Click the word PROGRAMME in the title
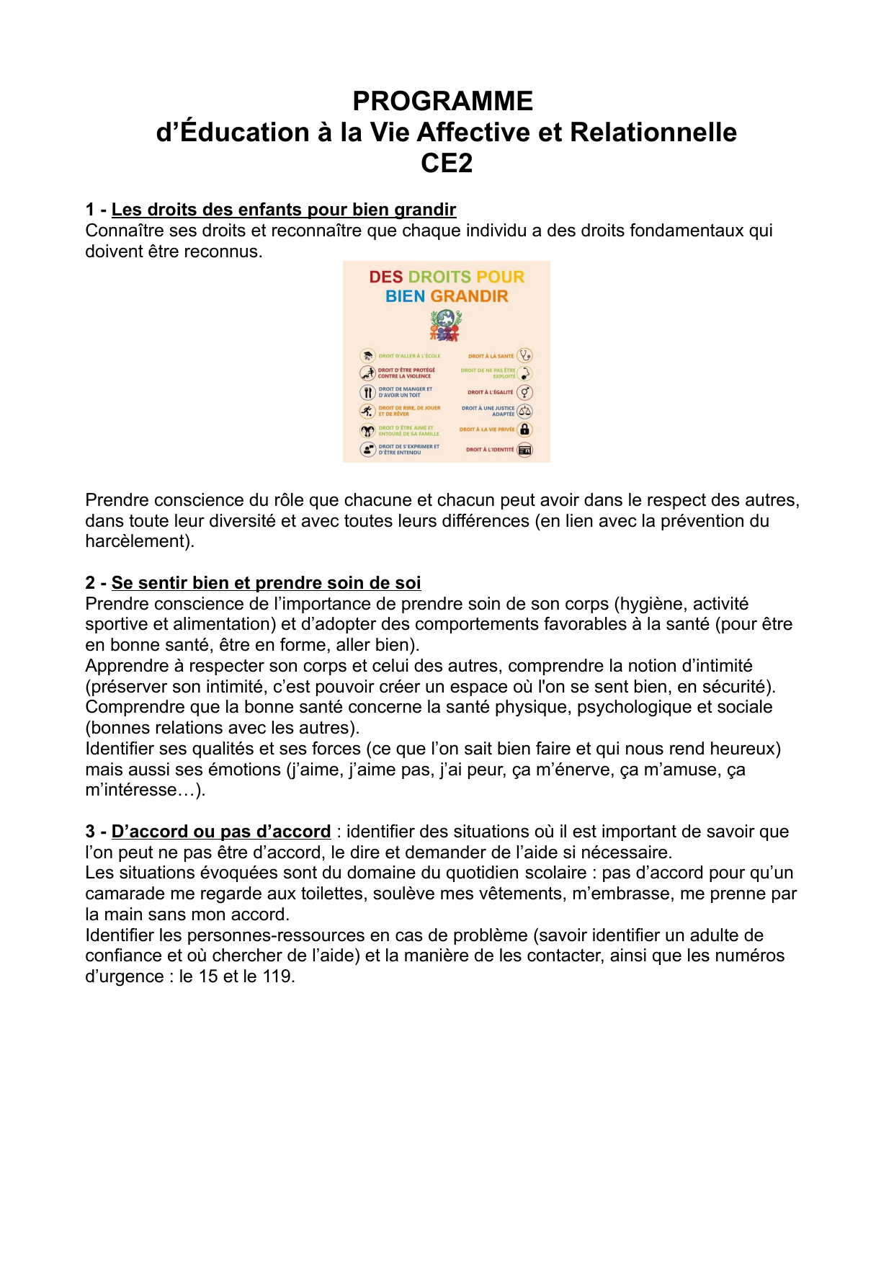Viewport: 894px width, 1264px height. pyautogui.click(x=442, y=101)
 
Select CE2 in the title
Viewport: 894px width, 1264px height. pyautogui.click(x=447, y=164)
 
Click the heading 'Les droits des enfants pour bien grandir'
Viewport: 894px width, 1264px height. pyautogui.click(x=283, y=210)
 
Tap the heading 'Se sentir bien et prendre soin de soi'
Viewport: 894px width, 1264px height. pyautogui.click(x=266, y=583)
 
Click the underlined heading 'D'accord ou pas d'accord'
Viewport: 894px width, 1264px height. pyautogui.click(x=220, y=832)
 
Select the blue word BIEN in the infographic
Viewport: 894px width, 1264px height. pyautogui.click(x=405, y=296)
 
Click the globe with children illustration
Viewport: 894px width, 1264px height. pyautogui.click(x=446, y=325)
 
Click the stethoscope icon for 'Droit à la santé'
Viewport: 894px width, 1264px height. pyautogui.click(x=525, y=355)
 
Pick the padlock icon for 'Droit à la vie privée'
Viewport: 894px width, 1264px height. pyautogui.click(x=525, y=430)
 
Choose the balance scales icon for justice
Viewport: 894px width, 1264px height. pyautogui.click(x=525, y=411)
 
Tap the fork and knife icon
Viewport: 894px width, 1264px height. pyautogui.click(x=367, y=393)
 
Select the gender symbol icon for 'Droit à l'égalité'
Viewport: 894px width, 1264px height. pyautogui.click(x=525, y=393)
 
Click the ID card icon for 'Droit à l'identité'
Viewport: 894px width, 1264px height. pyautogui.click(x=525, y=450)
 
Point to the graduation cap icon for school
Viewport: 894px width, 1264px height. pyautogui.click(x=367, y=355)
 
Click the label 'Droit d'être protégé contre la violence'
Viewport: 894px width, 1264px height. pyautogui.click(x=406, y=373)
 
